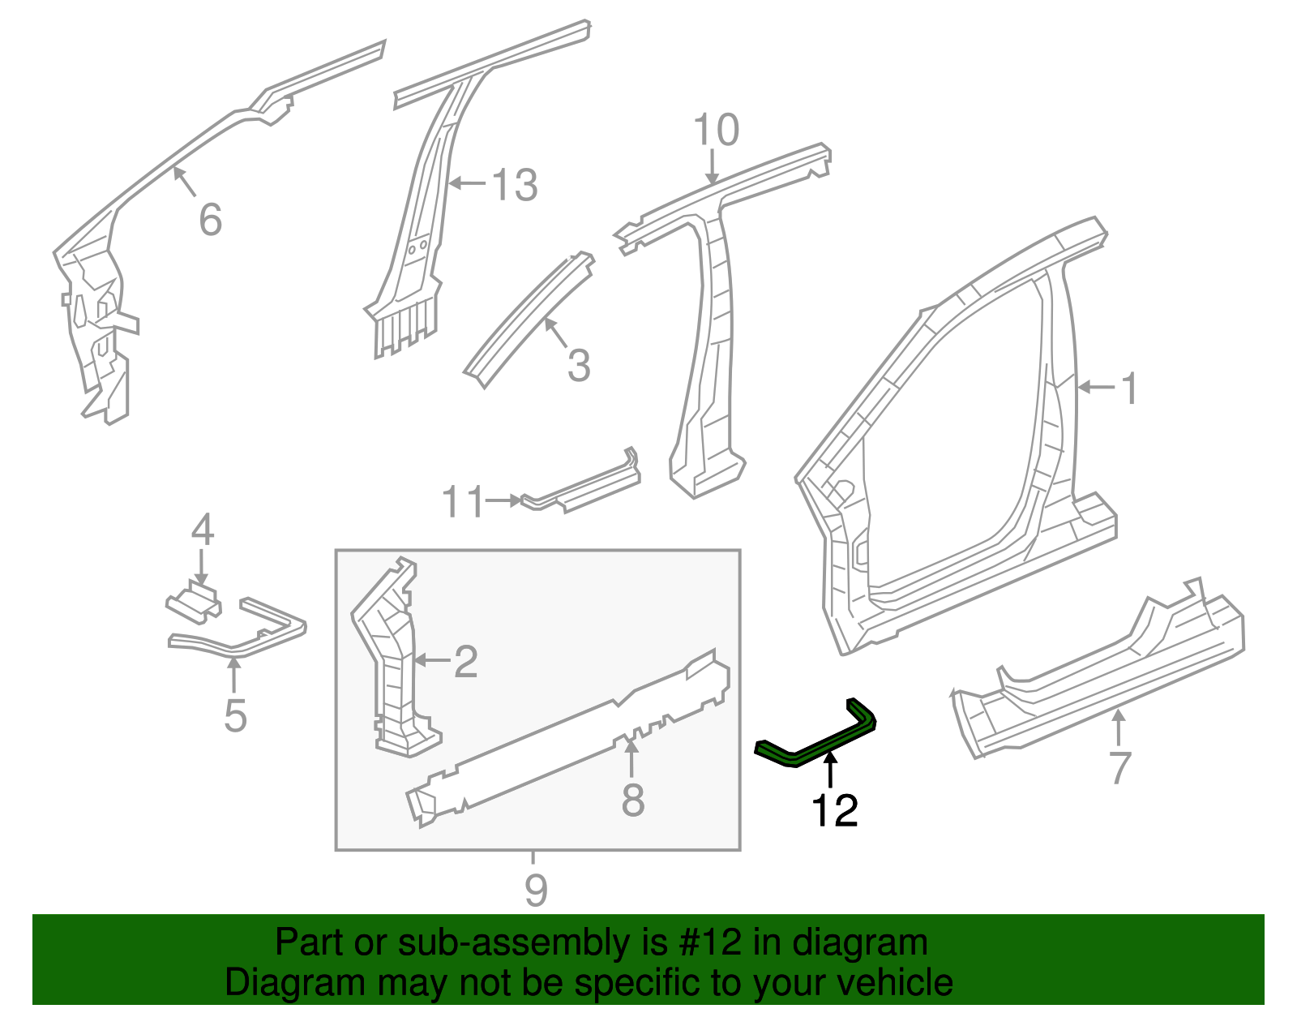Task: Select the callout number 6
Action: pyautogui.click(x=210, y=220)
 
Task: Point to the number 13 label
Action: pyautogui.click(x=515, y=186)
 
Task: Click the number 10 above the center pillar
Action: pyautogui.click(x=717, y=130)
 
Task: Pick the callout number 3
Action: pyautogui.click(x=579, y=366)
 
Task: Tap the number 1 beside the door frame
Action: pyautogui.click(x=1129, y=389)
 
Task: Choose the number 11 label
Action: pyautogui.click(x=463, y=502)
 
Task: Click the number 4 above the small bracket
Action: pyautogui.click(x=202, y=530)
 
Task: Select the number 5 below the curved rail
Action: pyautogui.click(x=235, y=716)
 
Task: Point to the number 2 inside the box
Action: pyautogui.click(x=465, y=662)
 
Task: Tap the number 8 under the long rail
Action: pyautogui.click(x=632, y=801)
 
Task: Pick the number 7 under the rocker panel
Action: pyautogui.click(x=1119, y=767)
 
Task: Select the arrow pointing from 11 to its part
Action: pyautogui.click(x=503, y=500)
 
